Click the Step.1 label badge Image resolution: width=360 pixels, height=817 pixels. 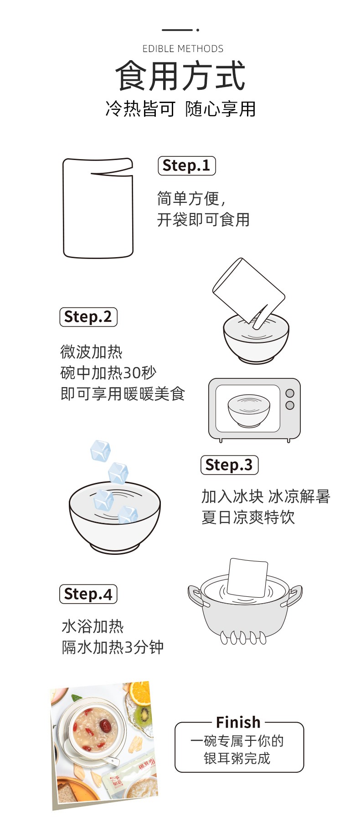(x=187, y=165)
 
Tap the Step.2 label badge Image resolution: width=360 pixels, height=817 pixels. (x=88, y=317)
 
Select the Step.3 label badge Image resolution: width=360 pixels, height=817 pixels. (x=230, y=465)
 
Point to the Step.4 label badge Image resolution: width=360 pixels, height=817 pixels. (x=88, y=594)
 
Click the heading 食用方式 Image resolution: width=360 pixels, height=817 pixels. (x=180, y=76)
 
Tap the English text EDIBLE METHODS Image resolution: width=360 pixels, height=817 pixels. (x=183, y=49)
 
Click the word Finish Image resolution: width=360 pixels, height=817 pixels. (x=238, y=722)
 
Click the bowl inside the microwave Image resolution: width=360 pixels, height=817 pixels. (x=249, y=410)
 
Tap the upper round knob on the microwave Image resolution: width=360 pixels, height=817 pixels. (x=290, y=393)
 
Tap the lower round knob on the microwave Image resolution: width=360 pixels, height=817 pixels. (x=290, y=405)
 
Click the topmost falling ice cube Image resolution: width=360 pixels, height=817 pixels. (x=100, y=450)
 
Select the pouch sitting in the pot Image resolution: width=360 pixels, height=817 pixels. (x=247, y=577)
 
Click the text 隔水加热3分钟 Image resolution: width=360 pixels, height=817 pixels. (x=113, y=647)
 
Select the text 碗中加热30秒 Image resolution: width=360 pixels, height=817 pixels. (x=108, y=373)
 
